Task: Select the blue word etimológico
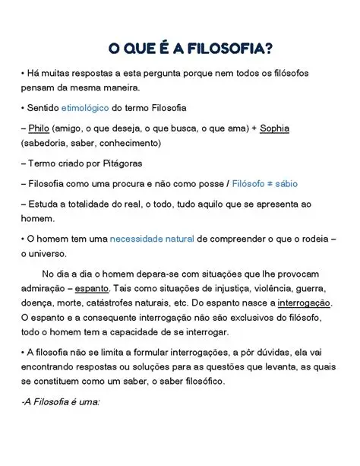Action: pyautogui.click(x=86, y=109)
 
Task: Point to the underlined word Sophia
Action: pyautogui.click(x=274, y=128)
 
